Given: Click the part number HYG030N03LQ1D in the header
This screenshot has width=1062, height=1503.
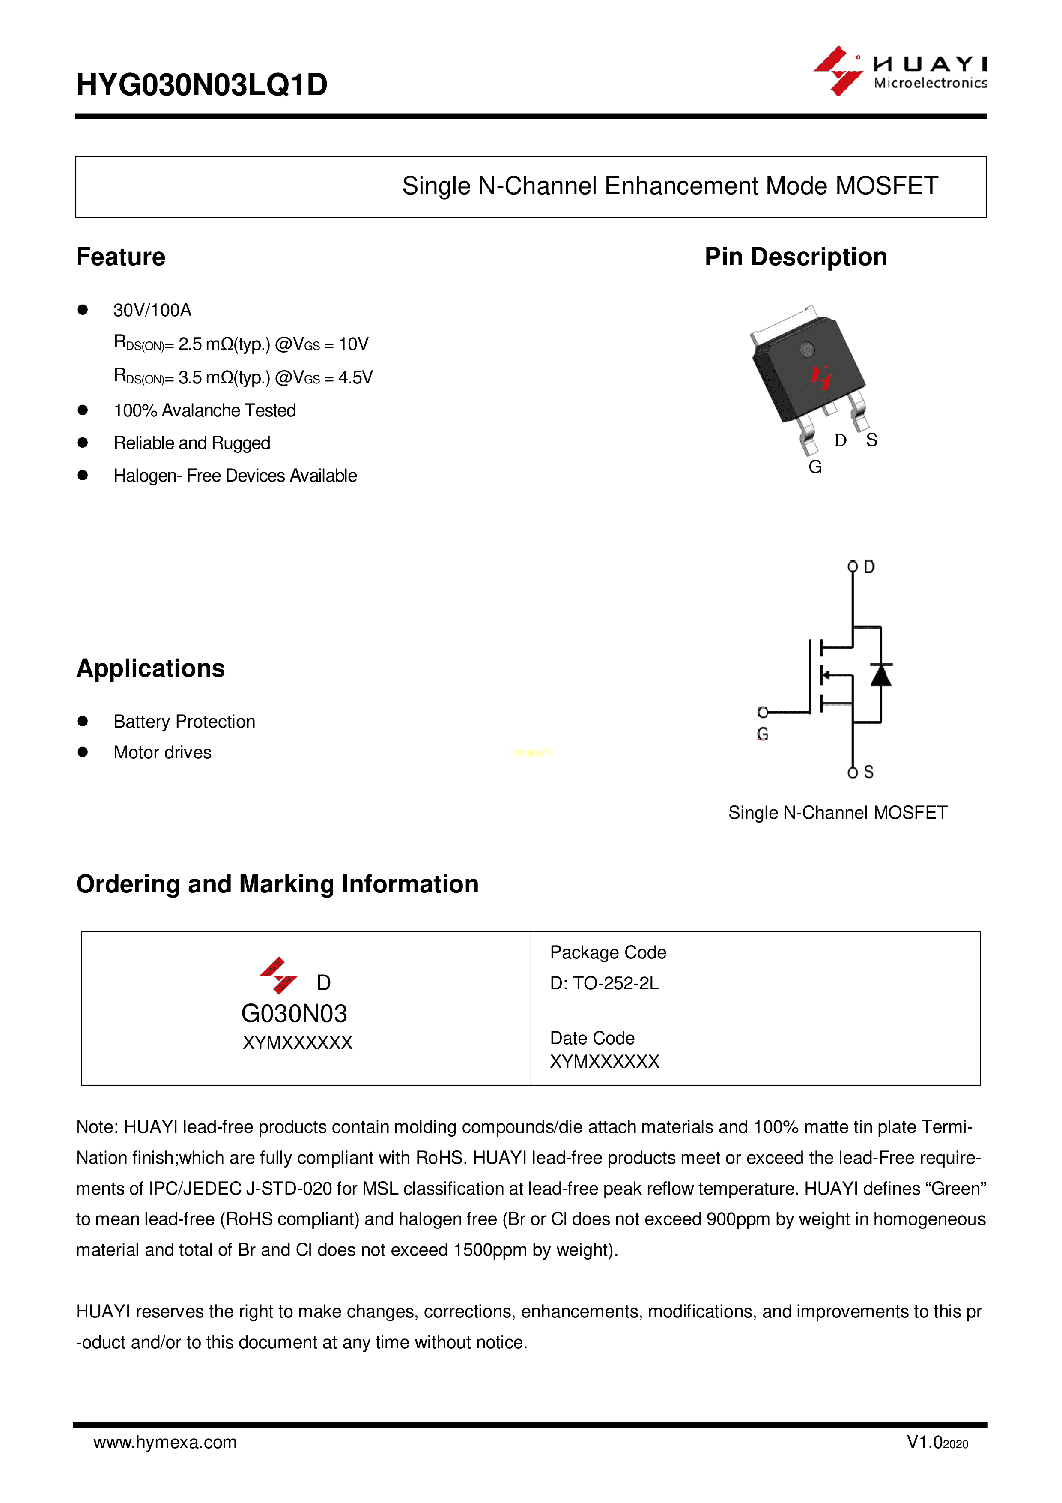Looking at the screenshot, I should click(x=202, y=85).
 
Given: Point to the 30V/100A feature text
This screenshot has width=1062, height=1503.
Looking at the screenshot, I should click(x=152, y=310).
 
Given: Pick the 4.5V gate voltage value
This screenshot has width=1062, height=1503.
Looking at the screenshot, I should click(x=355, y=378).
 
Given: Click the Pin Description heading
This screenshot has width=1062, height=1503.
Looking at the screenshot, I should click(x=795, y=257).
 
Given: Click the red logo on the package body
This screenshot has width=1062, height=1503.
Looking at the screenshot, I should click(x=820, y=377).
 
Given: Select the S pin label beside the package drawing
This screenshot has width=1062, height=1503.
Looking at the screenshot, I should click(x=871, y=440).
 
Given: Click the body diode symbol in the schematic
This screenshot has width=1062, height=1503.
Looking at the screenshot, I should click(x=881, y=675).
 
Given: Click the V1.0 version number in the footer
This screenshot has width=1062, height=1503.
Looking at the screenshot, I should click(x=924, y=1442).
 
